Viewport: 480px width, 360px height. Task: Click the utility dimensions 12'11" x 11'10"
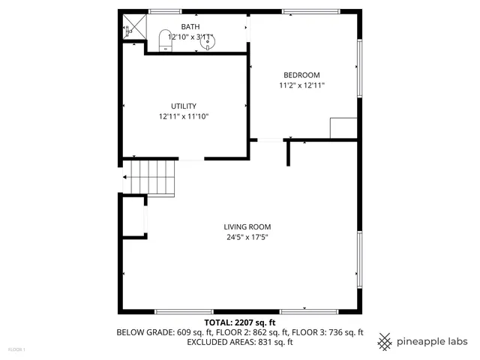183,116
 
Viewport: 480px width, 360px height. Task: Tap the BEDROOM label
301,75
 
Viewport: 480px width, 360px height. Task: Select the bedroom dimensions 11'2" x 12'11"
301,85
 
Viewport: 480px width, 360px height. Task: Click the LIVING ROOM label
247,226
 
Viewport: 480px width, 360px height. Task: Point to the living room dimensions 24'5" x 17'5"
247,238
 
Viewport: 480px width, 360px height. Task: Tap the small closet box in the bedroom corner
343,127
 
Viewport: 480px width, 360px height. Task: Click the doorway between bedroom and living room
270,140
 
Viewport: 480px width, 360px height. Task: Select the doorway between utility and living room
190,159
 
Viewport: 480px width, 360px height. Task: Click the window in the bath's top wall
165,11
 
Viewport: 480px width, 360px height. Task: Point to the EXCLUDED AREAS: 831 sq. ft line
240,342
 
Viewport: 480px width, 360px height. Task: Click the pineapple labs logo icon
385,341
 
